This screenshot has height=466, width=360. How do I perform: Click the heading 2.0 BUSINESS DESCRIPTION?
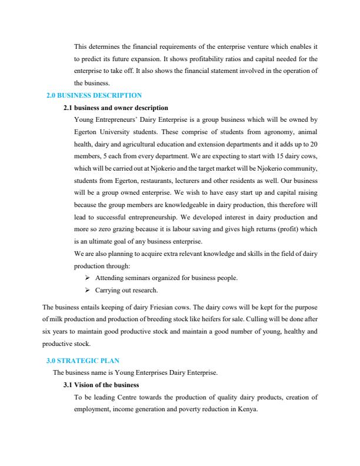coord(94,95)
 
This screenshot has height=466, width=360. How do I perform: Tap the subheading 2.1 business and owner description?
coord(115,108)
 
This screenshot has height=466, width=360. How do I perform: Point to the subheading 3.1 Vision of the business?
coord(101,385)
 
